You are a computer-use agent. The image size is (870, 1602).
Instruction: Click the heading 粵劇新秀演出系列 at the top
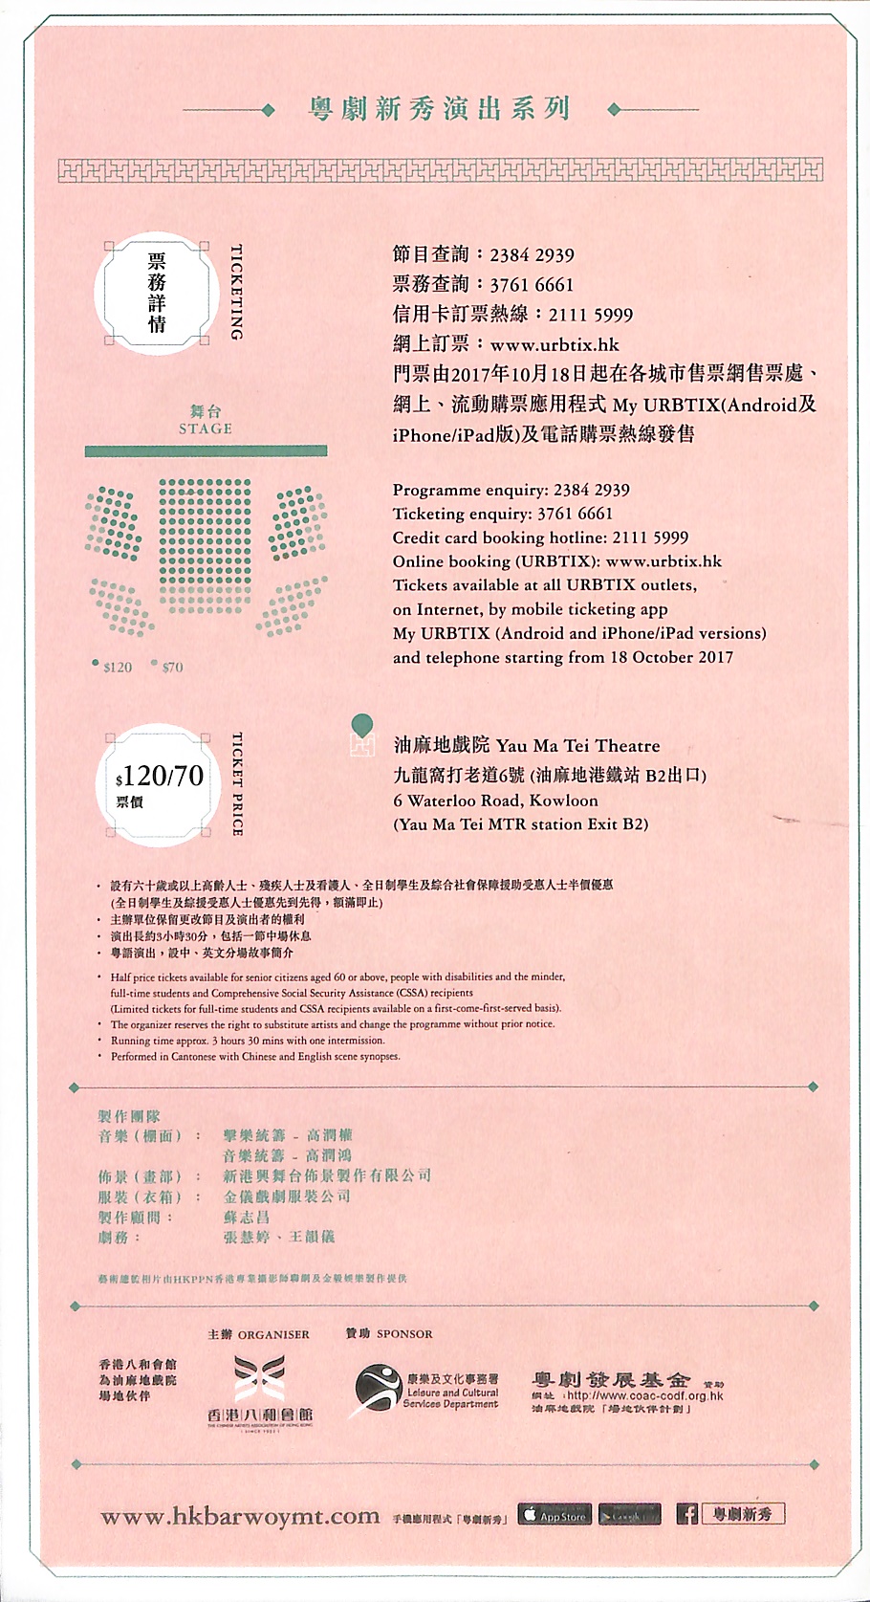[439, 109]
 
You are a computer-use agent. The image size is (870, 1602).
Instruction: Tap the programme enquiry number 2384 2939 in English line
[591, 490]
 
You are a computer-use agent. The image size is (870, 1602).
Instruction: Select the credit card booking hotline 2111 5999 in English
[650, 538]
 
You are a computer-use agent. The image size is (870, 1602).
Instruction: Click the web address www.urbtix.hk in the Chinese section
[555, 344]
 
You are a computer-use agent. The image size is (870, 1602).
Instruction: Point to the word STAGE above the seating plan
[206, 428]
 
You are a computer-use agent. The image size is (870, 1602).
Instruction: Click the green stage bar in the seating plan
[206, 450]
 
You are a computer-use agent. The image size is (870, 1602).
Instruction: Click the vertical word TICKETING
[237, 293]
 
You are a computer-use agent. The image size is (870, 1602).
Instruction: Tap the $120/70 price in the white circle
[160, 776]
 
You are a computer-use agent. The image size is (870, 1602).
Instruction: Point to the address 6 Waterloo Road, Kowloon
[495, 801]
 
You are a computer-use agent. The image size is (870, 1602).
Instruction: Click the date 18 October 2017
[671, 657]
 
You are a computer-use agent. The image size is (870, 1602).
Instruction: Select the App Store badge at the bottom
[555, 1515]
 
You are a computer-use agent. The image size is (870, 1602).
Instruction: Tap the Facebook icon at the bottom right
[686, 1514]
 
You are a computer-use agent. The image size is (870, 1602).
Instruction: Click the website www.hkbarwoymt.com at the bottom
[240, 1517]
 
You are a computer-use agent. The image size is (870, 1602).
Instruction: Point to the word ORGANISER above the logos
[273, 1334]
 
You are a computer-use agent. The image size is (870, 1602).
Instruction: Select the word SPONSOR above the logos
[404, 1334]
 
